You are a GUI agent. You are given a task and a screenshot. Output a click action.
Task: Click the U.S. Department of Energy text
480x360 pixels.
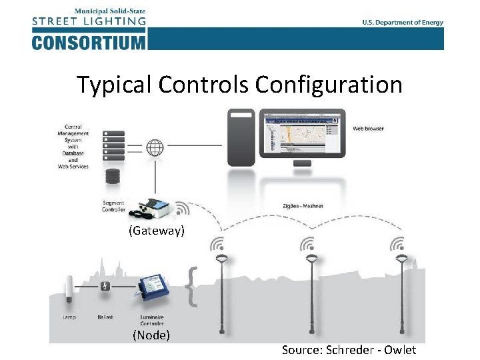[403, 22]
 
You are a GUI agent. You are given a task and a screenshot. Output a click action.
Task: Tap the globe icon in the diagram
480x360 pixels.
[155, 146]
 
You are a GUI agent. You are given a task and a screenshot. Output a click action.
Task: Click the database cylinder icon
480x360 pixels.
[113, 177]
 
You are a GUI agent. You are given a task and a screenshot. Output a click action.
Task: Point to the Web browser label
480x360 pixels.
[368, 128]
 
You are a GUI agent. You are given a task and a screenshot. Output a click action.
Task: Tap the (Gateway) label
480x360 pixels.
[157, 231]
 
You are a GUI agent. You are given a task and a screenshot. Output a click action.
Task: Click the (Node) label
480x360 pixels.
[151, 335]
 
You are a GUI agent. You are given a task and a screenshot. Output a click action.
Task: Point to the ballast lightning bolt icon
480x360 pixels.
[105, 287]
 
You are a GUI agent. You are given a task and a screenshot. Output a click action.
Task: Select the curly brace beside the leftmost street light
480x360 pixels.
[193, 287]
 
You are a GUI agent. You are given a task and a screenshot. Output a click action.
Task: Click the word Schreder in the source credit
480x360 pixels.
[350, 350]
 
